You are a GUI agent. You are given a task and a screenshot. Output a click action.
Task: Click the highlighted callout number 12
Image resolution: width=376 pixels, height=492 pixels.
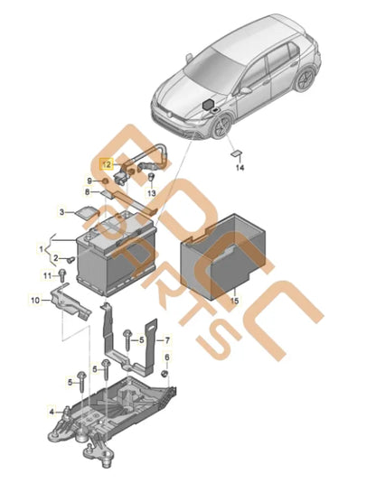(107, 165)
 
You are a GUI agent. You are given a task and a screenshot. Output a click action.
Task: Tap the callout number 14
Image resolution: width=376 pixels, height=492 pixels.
(240, 168)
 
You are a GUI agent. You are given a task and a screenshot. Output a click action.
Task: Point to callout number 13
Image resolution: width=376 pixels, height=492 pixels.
(152, 194)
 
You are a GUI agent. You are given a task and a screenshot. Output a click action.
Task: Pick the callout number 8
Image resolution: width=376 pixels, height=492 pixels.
(89, 191)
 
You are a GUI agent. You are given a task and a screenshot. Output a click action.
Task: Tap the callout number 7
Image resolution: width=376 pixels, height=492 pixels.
(167, 341)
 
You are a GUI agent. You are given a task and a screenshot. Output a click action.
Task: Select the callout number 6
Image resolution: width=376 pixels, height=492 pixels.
(166, 359)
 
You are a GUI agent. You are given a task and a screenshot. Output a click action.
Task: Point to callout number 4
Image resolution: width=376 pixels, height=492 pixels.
(52, 409)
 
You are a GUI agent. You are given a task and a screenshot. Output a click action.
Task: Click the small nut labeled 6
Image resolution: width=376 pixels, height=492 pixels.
(166, 372)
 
